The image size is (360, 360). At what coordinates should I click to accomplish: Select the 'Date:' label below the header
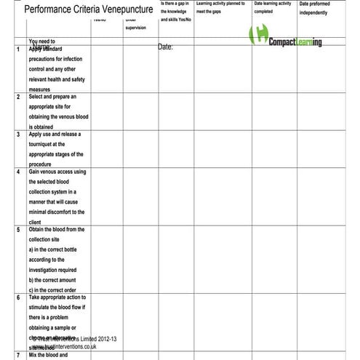pyautogui.click(x=165, y=47)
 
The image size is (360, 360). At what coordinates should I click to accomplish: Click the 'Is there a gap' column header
pyautogui.click(x=176, y=12)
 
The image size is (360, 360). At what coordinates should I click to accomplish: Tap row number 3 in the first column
pyautogui.click(x=18, y=135)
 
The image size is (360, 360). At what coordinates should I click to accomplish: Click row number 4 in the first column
pyautogui.click(x=18, y=172)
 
